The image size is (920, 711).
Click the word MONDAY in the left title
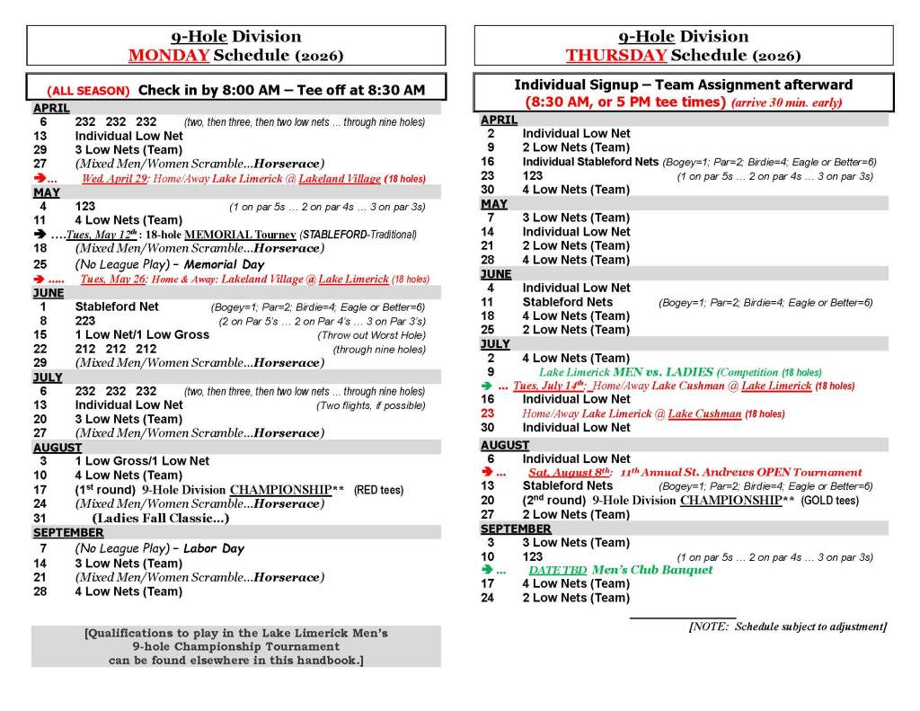pos(170,55)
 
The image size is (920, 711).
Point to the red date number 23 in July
pos(488,413)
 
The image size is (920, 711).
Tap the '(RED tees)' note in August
pos(378,490)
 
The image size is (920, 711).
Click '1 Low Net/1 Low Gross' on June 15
pos(142,334)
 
